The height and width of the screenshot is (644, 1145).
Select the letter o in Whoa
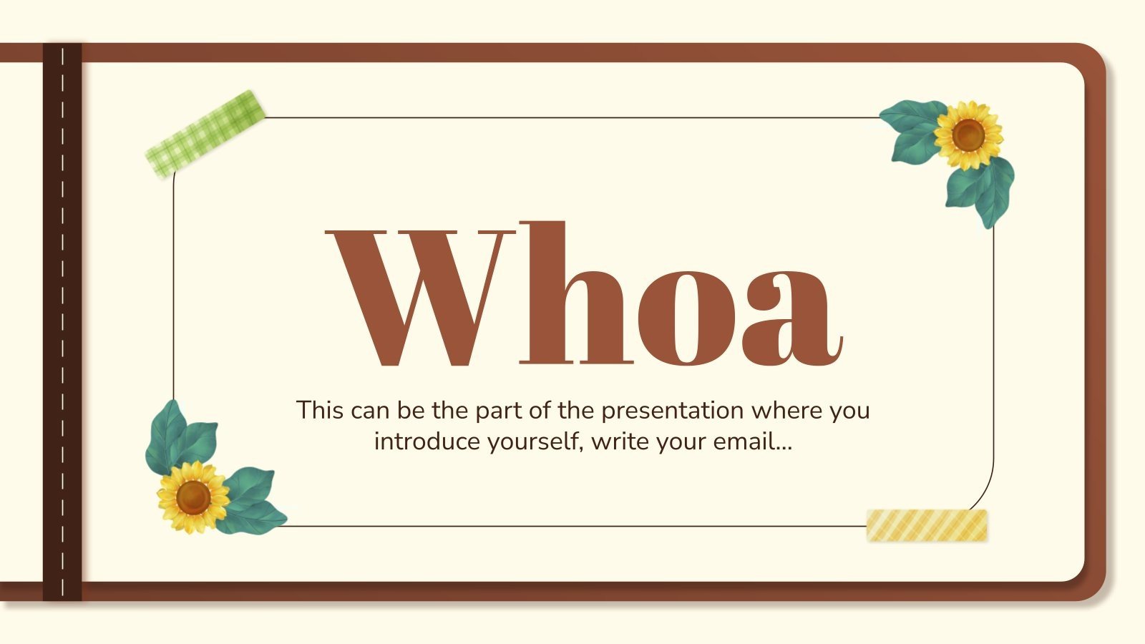pyautogui.click(x=683, y=315)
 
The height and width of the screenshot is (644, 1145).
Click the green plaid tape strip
pyautogui.click(x=205, y=135)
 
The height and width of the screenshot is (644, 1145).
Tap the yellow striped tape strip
pyautogui.click(x=927, y=525)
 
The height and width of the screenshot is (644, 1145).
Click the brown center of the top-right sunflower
pyautogui.click(x=968, y=135)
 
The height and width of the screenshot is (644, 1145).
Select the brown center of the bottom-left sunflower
pyautogui.click(x=193, y=497)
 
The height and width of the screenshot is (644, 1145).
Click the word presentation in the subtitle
pyautogui.click(x=673, y=411)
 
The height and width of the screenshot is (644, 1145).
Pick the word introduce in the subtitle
pyautogui.click(x=427, y=441)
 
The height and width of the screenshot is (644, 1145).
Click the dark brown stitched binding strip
pyautogui.click(x=62, y=322)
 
